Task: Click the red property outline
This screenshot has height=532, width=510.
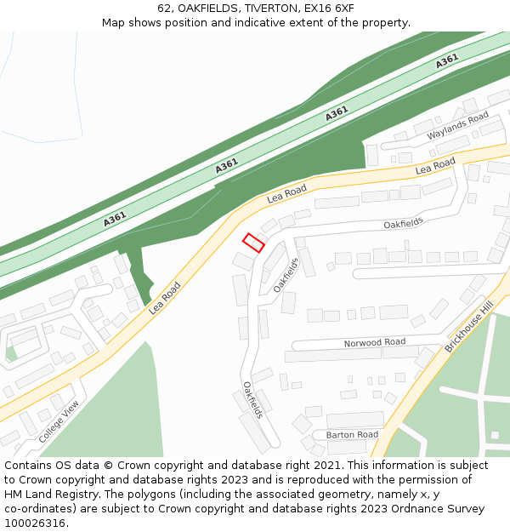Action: [x=253, y=243]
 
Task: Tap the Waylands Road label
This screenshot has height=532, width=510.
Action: [x=457, y=126]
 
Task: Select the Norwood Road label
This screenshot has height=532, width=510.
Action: [x=374, y=342]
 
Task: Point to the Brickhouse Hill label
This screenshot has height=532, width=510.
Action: [x=468, y=327]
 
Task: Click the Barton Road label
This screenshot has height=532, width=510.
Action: [x=352, y=434]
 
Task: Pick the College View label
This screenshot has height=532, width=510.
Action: [x=59, y=420]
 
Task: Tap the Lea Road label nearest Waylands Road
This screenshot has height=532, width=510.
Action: [x=435, y=166]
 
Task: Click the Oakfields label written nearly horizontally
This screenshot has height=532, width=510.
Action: [x=403, y=223]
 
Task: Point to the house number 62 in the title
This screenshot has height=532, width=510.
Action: [x=164, y=9]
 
